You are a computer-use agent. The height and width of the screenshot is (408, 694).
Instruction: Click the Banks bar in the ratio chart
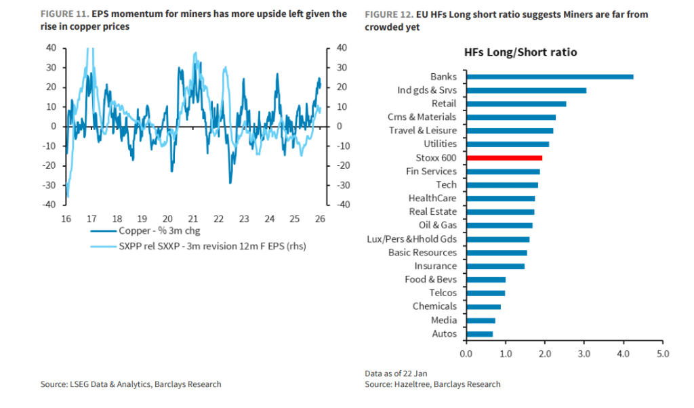pos(550,77)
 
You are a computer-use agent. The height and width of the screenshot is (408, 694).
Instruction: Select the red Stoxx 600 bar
pos(504,158)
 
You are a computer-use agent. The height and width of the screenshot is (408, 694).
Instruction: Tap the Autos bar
pos(479,333)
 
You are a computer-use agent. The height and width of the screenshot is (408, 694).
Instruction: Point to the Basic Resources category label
pos(422,252)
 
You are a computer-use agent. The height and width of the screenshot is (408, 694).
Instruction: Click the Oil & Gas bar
pos(499,225)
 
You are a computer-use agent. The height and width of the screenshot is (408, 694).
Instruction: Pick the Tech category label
pos(446,184)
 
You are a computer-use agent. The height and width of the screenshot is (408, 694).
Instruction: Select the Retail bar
pos(516,104)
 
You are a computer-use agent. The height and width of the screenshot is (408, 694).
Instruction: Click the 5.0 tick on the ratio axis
pos(663,354)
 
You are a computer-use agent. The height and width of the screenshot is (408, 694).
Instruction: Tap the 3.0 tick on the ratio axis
pos(584,354)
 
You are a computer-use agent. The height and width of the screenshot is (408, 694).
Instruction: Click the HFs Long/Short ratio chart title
pos(520,52)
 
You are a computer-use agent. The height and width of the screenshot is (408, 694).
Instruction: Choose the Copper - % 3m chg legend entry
pos(154,231)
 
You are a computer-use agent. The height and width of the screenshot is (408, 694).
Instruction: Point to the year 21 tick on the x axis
pos(193,219)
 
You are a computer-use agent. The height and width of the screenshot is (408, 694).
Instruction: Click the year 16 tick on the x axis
pos(66,219)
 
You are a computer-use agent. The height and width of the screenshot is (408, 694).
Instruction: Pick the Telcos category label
pos(443,293)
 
